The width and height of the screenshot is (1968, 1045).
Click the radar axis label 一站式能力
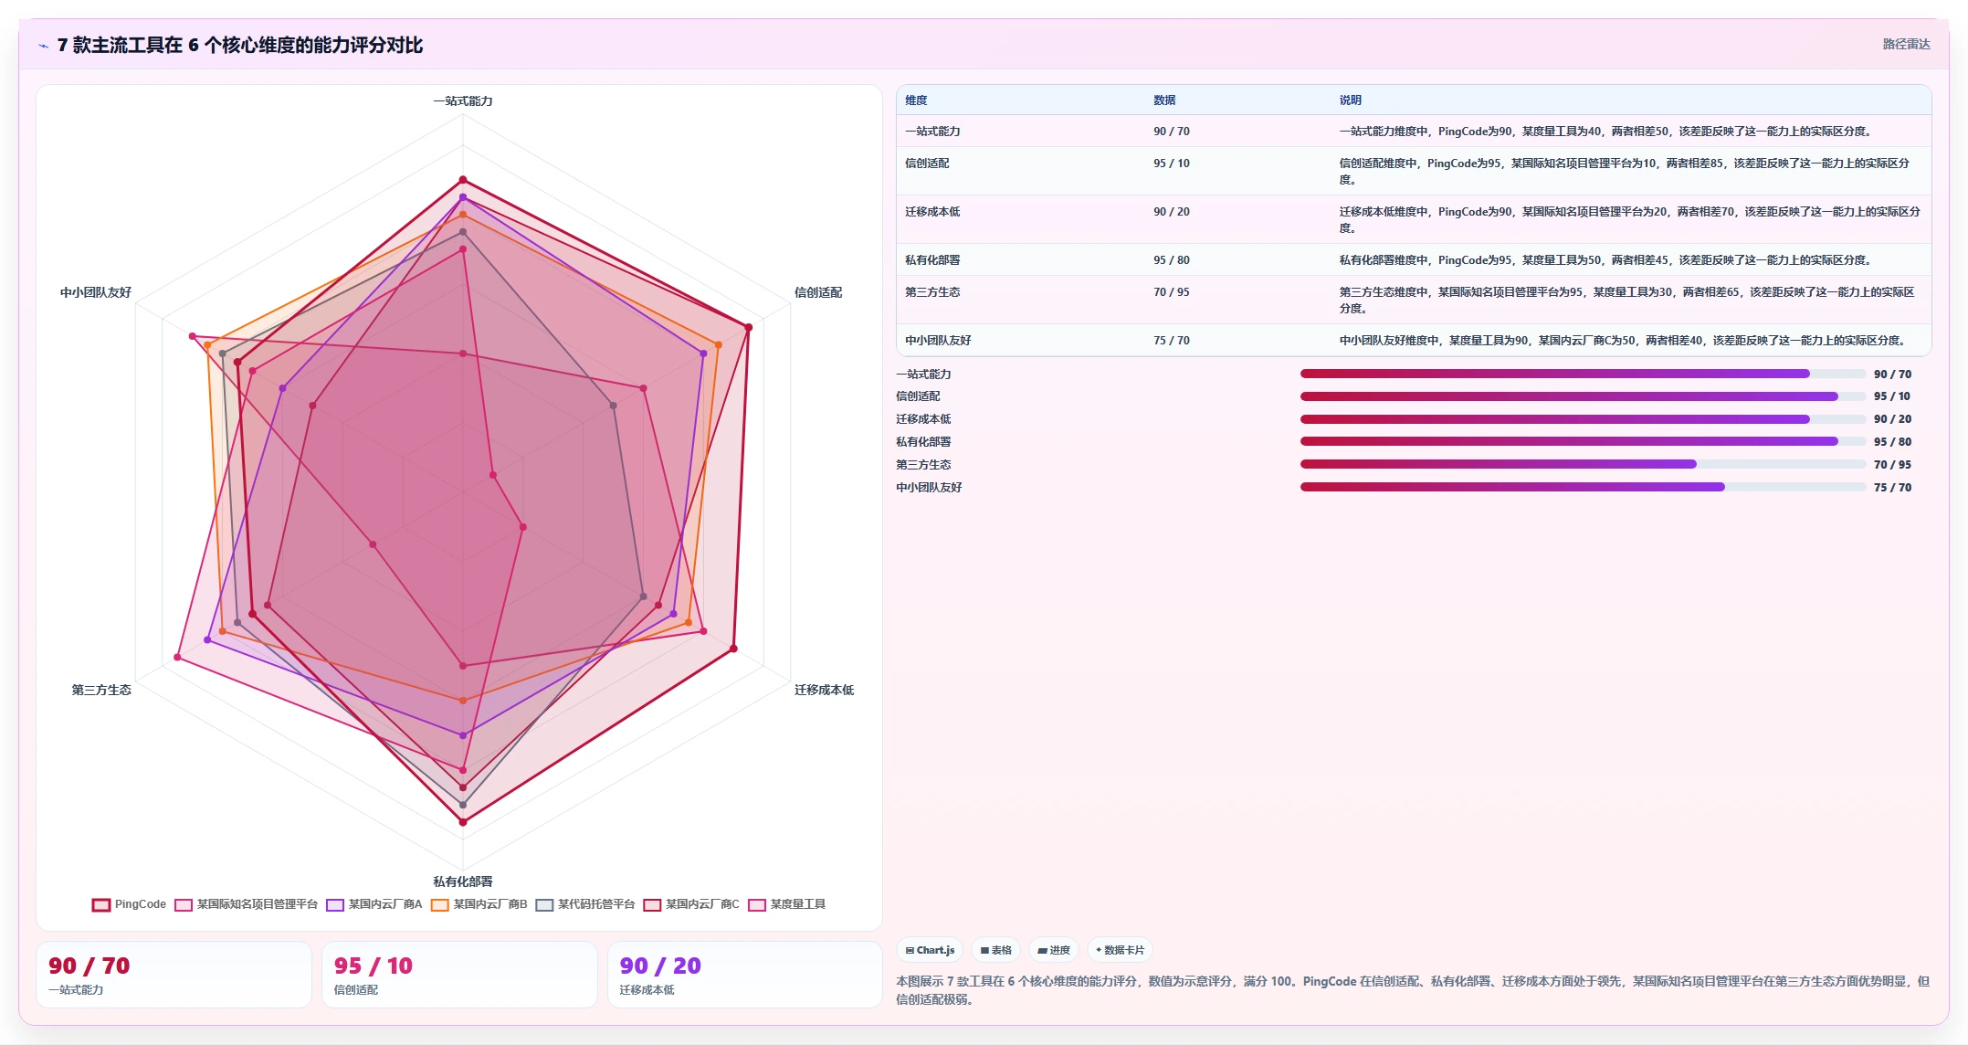(x=463, y=100)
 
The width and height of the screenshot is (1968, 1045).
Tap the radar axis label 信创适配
(x=818, y=292)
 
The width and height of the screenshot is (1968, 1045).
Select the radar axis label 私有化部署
(x=463, y=881)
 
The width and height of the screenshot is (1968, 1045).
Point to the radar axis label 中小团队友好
(x=96, y=292)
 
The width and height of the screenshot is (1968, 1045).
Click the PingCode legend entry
(x=129, y=904)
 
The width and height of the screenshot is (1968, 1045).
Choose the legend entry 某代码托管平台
(x=585, y=904)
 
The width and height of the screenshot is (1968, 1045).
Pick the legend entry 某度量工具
(x=787, y=904)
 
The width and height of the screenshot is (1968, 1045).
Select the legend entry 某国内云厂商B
(x=479, y=904)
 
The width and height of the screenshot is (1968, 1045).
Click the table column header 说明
(x=1351, y=100)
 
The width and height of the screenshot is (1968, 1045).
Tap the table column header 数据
(x=1164, y=100)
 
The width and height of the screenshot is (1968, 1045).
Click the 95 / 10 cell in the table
(x=1172, y=164)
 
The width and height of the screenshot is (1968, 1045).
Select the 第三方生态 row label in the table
(x=932, y=292)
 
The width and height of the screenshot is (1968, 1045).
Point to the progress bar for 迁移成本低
(x=1583, y=419)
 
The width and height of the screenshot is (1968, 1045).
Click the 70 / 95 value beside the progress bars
(x=1892, y=465)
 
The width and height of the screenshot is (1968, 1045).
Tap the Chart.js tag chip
(x=930, y=950)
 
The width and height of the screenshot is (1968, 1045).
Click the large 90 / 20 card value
(x=660, y=966)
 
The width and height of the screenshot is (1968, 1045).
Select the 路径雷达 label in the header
(x=1906, y=44)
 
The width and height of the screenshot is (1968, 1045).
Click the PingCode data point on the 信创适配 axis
(x=749, y=327)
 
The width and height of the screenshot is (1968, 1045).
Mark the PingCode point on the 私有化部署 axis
(x=463, y=822)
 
